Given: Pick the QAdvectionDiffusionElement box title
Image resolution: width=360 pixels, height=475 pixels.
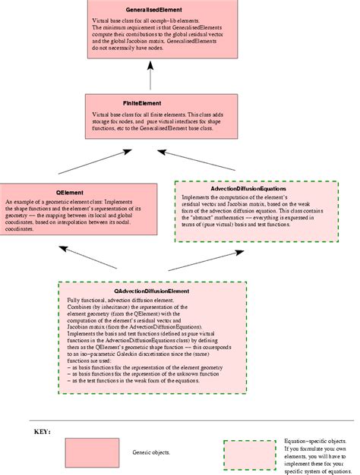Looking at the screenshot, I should (152, 291).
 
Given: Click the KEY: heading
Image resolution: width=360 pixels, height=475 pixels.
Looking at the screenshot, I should (42, 432).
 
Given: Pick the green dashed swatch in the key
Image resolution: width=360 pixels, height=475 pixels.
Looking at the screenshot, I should (250, 453).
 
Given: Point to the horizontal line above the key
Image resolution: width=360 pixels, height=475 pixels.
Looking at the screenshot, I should (190, 420).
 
